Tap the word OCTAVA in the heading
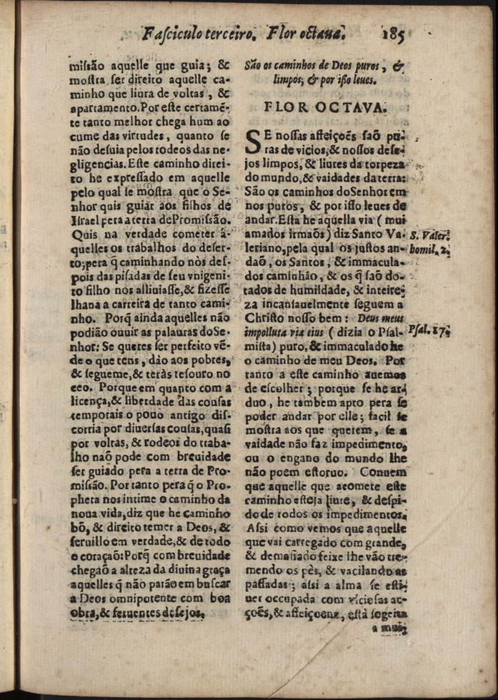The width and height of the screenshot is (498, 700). (355, 109)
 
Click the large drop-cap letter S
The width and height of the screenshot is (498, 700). (254, 140)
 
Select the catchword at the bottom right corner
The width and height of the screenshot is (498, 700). (389, 629)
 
